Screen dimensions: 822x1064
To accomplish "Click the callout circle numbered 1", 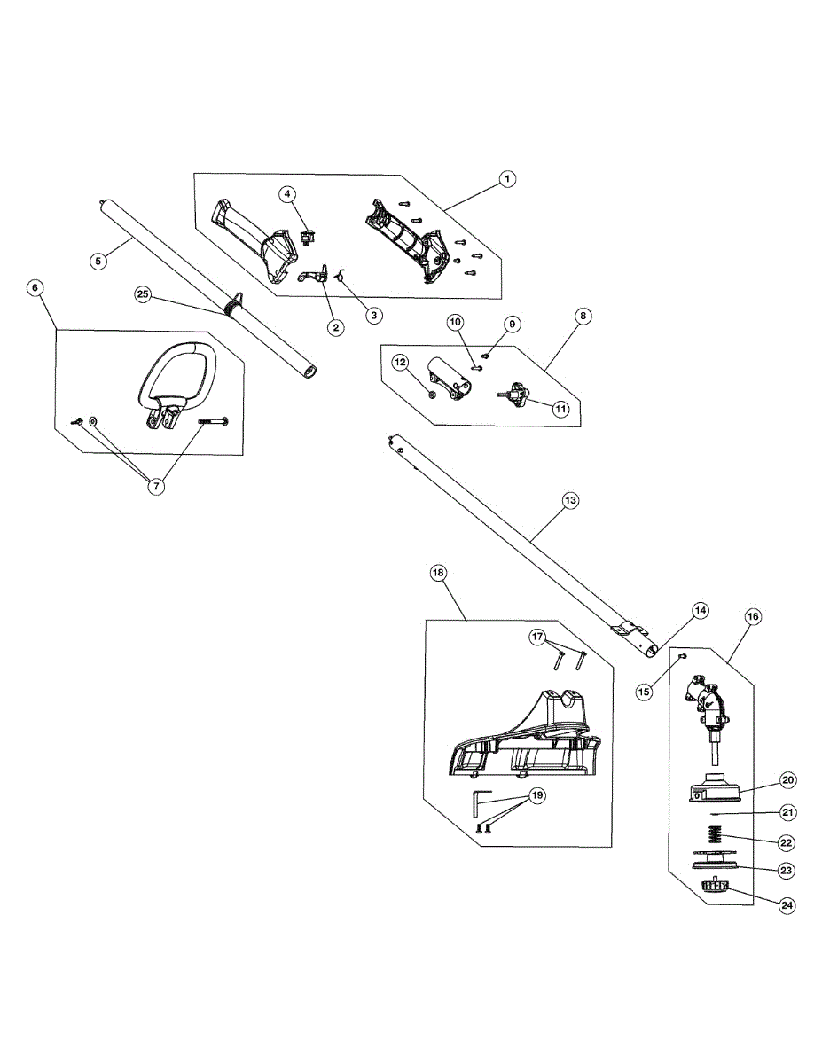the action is point(507,179).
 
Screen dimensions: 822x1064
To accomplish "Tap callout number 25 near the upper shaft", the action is point(143,294).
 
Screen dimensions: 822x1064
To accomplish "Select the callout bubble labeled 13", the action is point(571,500).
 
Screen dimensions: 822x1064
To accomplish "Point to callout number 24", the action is point(787,905).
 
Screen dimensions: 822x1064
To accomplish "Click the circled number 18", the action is point(438,573).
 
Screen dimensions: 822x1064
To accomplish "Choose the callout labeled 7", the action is point(156,486).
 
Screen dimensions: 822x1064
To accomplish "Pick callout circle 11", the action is point(560,409).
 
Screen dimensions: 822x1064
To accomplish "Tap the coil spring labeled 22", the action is point(715,836).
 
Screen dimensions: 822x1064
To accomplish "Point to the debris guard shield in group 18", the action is point(523,733).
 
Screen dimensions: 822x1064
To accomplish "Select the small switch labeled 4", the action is point(307,239).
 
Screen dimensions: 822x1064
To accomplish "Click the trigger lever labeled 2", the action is point(314,274).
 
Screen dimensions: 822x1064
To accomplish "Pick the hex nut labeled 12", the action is point(431,395).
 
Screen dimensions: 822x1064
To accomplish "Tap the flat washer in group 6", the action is point(93,420).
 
